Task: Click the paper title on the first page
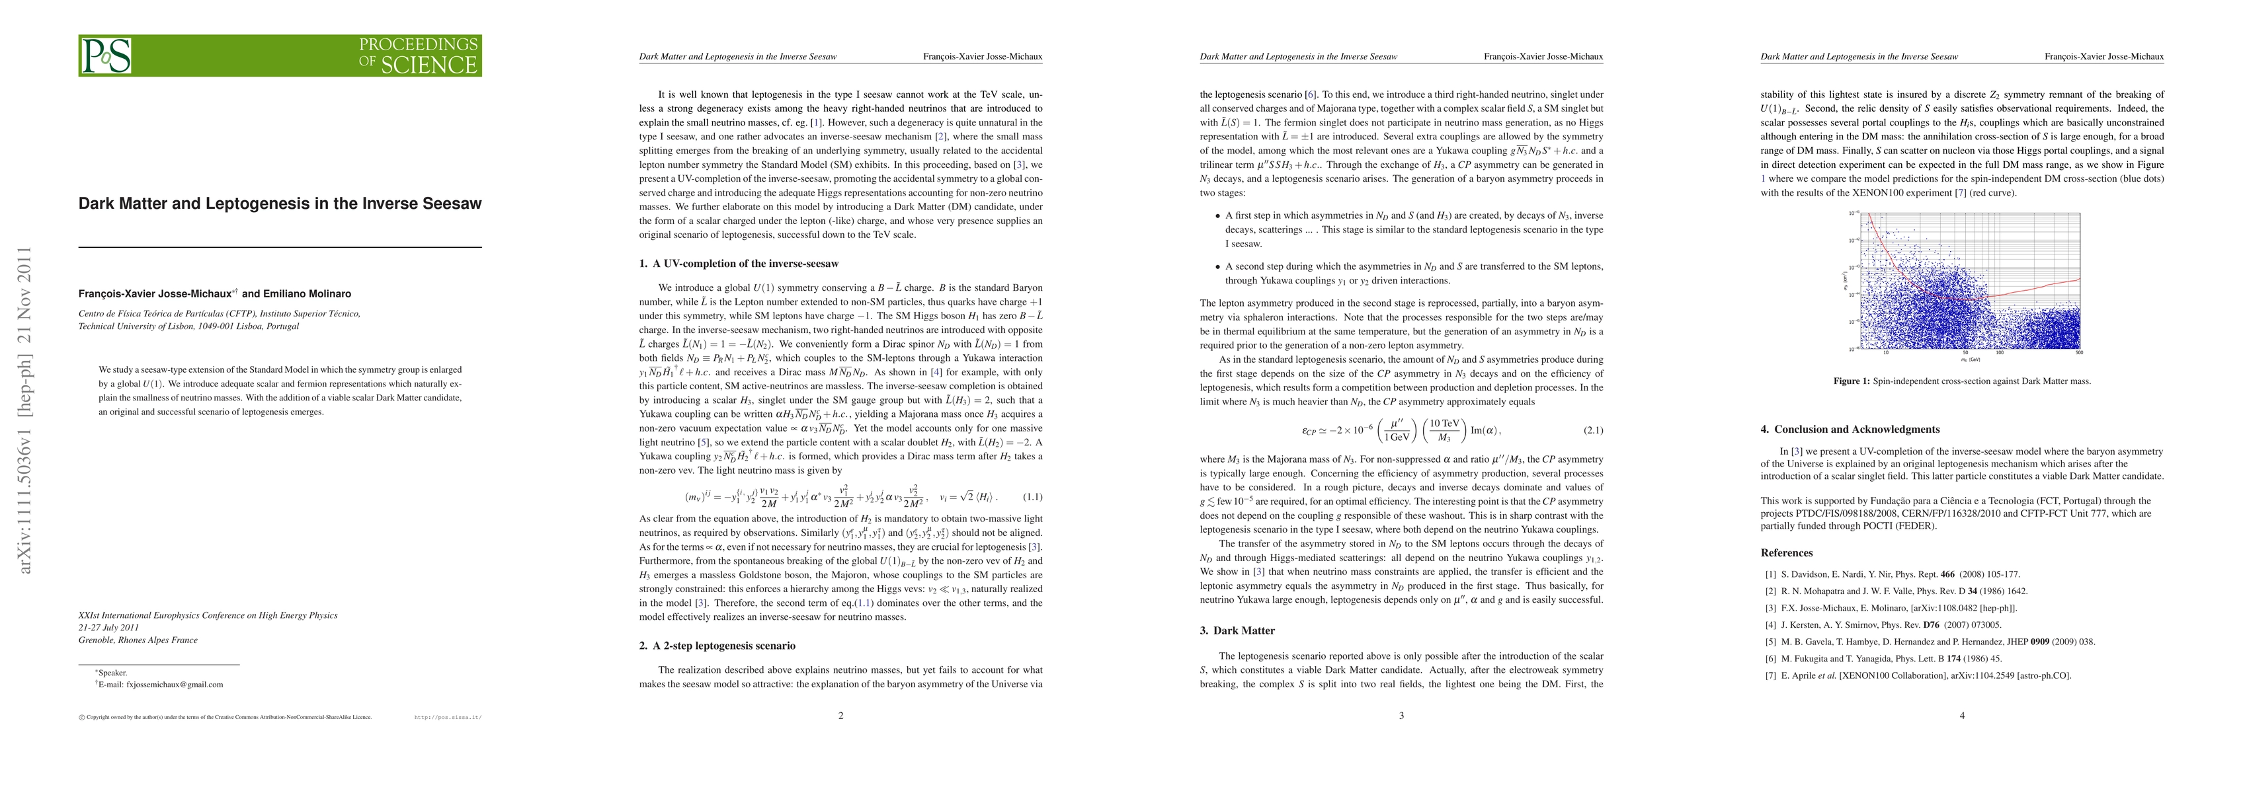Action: (x=280, y=204)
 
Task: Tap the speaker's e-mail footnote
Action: (x=162, y=684)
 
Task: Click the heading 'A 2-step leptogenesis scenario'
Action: (x=723, y=645)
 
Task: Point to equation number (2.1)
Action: (x=1592, y=430)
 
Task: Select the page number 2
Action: (x=840, y=716)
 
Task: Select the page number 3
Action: (x=1401, y=716)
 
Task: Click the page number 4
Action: (x=1962, y=716)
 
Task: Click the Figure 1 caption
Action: (x=1962, y=381)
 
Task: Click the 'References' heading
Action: (x=1787, y=552)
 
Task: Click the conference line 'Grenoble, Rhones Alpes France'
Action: (x=138, y=640)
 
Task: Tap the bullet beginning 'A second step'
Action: (x=1413, y=274)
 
